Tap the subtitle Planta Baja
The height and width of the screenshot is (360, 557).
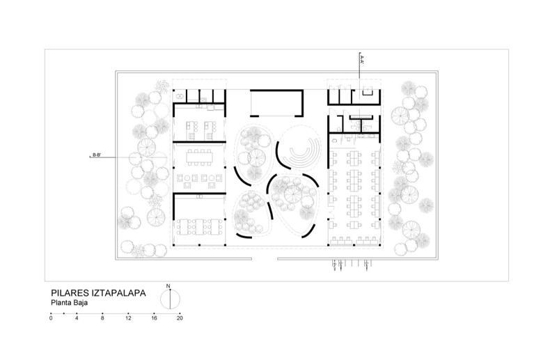coord(69,303)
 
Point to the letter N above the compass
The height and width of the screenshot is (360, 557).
coord(168,286)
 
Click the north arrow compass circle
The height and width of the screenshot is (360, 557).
coord(170,299)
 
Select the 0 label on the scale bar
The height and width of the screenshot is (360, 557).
coord(51,318)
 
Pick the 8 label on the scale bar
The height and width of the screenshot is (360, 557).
coord(102,318)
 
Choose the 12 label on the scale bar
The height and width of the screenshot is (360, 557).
coord(128,318)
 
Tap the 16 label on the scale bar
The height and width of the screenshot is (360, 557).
coord(154,318)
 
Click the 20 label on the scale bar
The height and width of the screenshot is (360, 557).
coord(180,318)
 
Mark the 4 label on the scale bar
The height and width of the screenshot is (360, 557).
coord(77,318)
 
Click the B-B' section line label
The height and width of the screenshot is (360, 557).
coord(97,155)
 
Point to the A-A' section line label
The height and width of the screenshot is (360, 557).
coord(361,59)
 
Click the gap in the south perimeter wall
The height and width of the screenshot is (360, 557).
coord(265,259)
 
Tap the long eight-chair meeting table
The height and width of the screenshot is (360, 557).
coord(200,157)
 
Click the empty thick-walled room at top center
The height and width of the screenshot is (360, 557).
coord(276,103)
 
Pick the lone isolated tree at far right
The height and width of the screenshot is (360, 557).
coord(426,205)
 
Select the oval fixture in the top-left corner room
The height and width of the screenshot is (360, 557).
coord(180,95)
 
